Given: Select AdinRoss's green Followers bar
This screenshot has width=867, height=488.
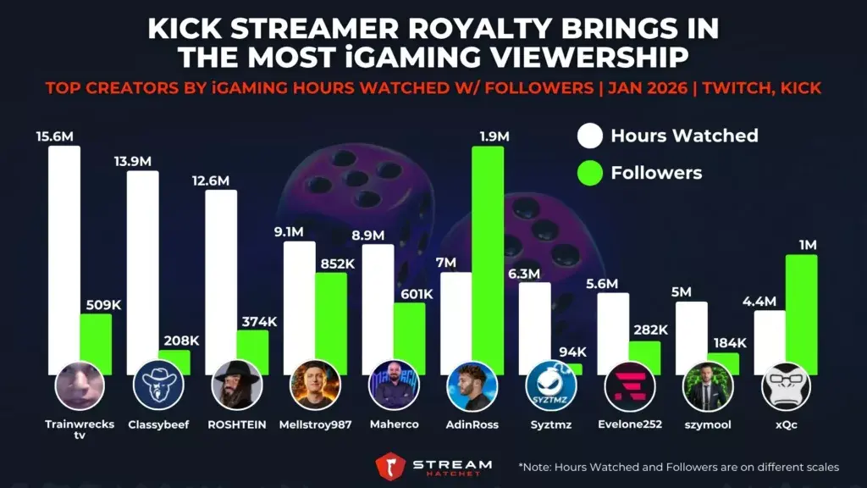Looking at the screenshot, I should pyautogui.click(x=488, y=254).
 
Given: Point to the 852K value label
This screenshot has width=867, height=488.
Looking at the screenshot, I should pyautogui.click(x=330, y=263).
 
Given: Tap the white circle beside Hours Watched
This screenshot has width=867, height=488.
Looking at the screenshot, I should pyautogui.click(x=589, y=136).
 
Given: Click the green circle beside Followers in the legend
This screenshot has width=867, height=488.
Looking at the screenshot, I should pyautogui.click(x=589, y=173).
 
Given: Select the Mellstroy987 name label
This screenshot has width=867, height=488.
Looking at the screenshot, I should pyautogui.click(x=315, y=424).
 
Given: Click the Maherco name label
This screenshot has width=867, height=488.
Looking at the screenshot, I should pyautogui.click(x=394, y=424).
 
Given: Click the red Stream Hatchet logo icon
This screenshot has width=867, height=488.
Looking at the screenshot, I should pyautogui.click(x=389, y=466).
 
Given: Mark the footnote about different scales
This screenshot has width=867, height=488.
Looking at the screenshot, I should pyautogui.click(x=676, y=467).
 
